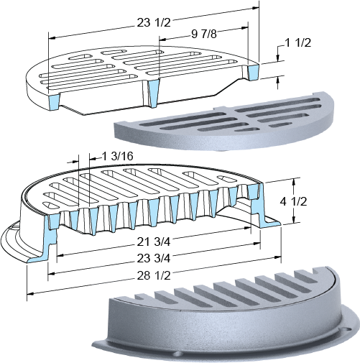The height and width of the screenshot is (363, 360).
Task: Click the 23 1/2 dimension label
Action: pyautogui.click(x=154, y=23)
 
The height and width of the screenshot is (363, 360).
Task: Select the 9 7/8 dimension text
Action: pyautogui.click(x=204, y=35)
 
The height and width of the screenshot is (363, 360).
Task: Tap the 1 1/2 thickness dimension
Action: pyautogui.click(x=297, y=42)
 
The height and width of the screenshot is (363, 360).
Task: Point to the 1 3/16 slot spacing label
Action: pyautogui.click(x=117, y=156)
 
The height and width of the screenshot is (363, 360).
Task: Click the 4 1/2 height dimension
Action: pyautogui.click(x=293, y=201)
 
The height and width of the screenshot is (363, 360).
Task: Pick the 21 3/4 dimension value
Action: pyautogui.click(x=154, y=242)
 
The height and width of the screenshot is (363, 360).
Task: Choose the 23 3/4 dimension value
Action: pyautogui.click(x=154, y=258)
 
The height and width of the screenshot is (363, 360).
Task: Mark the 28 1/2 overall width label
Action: pyautogui.click(x=154, y=276)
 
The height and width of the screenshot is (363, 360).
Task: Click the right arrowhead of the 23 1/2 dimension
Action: pyautogui.click(x=256, y=8)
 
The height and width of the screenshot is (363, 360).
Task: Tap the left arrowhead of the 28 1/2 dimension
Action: pyautogui.click(x=30, y=293)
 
